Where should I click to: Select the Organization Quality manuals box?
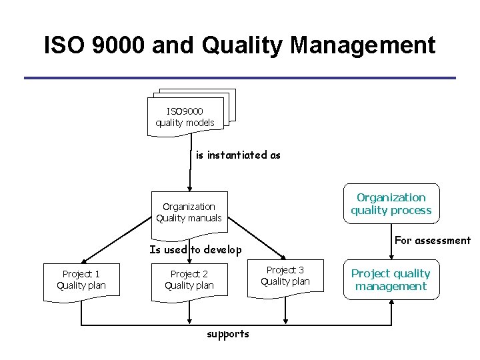coord(189,213)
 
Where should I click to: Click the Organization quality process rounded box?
coord(391,203)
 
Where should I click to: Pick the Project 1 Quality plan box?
coord(81,280)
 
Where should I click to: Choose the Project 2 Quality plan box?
coord(189,280)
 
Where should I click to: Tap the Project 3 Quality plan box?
coord(285,275)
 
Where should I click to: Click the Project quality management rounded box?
coord(391,280)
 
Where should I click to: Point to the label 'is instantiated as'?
coord(238,155)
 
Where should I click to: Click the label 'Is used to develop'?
coord(195,250)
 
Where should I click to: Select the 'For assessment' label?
coord(433,241)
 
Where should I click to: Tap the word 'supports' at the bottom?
coord(228,334)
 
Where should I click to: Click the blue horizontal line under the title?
coord(240,78)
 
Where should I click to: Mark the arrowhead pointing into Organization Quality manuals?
coord(190,187)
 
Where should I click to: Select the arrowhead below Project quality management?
coord(391,303)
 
